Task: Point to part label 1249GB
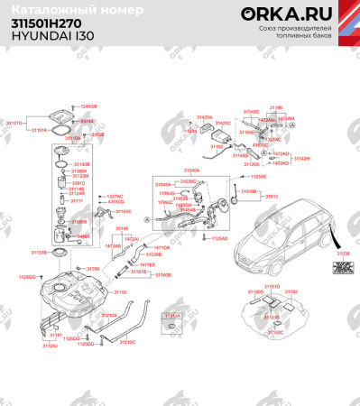(x=88, y=106)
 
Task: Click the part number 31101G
(x=14, y=121)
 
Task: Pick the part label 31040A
(x=192, y=169)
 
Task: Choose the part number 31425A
(x=205, y=117)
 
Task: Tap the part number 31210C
(x=127, y=342)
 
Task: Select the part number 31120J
(x=50, y=345)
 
